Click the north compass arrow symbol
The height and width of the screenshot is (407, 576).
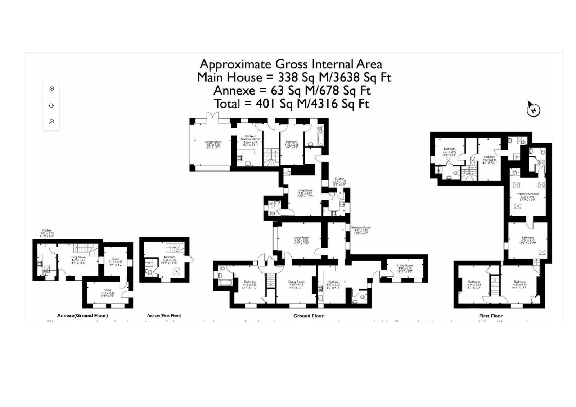pos(533,109)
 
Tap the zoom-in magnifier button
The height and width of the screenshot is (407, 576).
pos(51,89)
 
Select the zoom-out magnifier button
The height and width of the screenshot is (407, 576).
pos(51,122)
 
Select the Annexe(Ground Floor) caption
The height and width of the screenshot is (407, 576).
pos(82,315)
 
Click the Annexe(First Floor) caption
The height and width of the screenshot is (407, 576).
pos(164,315)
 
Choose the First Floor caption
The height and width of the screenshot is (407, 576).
pos(491,316)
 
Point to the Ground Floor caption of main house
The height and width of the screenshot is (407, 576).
pos(308,316)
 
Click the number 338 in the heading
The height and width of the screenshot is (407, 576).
pos(288,77)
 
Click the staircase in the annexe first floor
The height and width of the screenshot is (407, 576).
pos(175,247)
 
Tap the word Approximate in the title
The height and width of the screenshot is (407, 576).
pos(235,64)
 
